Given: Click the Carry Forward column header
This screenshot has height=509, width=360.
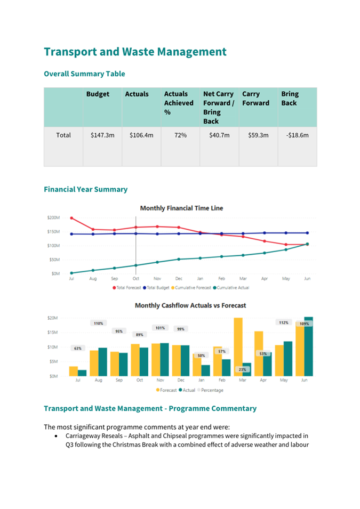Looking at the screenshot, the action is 255,99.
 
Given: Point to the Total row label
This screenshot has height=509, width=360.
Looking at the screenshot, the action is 63,135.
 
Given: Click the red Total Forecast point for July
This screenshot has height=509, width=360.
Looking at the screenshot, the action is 71,218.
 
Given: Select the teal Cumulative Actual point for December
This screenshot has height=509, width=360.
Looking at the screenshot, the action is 179,259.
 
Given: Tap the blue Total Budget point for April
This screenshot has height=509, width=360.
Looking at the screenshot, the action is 265,233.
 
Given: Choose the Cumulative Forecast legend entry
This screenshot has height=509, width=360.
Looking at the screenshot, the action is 191,288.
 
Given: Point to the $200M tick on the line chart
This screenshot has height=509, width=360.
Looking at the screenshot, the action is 54,217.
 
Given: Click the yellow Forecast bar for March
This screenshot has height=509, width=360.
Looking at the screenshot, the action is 238,346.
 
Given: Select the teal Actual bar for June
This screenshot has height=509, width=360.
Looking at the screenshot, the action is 309,346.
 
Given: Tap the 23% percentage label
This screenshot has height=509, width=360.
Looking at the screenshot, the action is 242,369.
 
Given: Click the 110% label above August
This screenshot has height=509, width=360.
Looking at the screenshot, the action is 99,324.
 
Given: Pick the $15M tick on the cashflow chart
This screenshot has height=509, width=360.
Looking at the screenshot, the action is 53,333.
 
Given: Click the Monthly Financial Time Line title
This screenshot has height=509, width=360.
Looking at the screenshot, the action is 182,208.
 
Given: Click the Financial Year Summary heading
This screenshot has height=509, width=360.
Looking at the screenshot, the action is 86,189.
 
